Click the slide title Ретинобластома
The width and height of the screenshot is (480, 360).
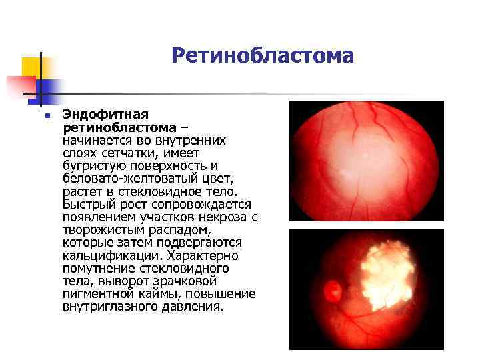(x=262, y=55)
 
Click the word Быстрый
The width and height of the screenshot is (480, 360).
(x=85, y=204)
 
